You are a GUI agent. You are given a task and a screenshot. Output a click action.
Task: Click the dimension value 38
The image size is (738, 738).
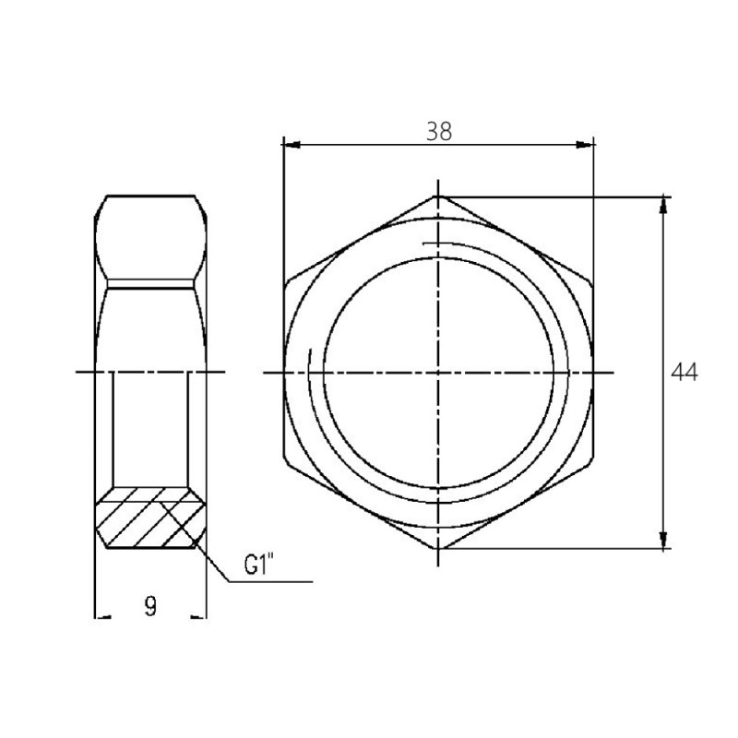(x=439, y=131)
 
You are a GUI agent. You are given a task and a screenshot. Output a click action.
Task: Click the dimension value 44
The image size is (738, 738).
(x=684, y=372)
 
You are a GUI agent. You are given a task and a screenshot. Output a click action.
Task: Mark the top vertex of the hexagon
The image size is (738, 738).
(x=439, y=196)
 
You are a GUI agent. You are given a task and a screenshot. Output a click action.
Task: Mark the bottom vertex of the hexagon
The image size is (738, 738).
(x=439, y=549)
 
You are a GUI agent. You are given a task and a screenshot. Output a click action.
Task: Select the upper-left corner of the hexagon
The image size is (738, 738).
(x=285, y=283)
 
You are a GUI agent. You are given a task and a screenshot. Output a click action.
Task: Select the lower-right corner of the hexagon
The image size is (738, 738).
(x=592, y=461)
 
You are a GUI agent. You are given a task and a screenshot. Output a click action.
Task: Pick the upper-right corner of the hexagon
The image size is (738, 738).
(x=592, y=283)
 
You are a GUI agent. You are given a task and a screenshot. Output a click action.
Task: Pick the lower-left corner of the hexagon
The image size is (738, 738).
(x=285, y=461)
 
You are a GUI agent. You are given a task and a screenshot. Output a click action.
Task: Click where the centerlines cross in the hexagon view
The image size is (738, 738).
(x=439, y=372)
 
